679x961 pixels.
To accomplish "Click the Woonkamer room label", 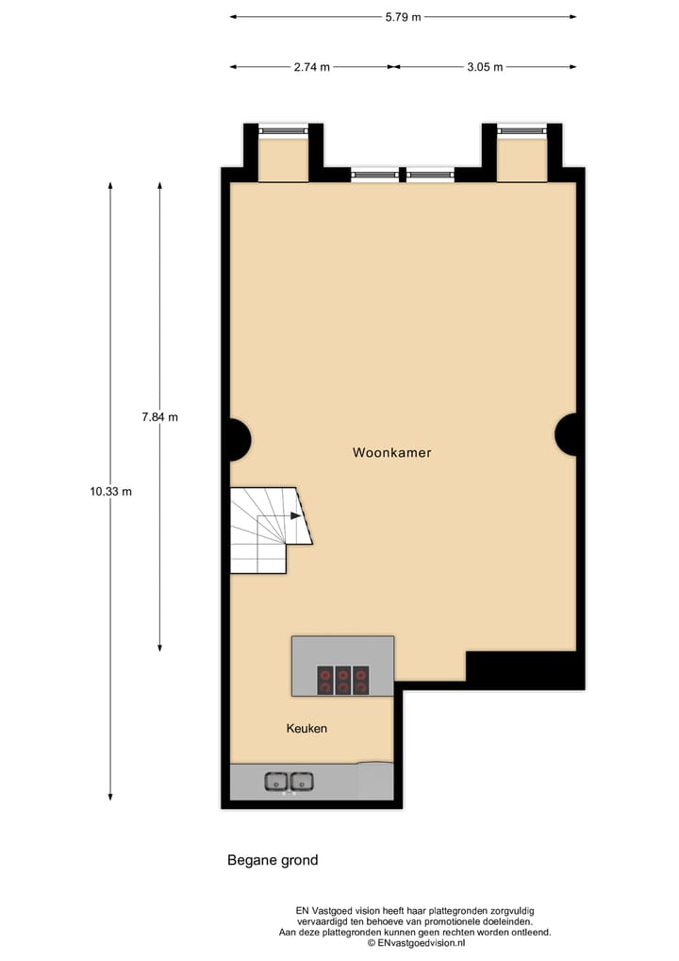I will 391,453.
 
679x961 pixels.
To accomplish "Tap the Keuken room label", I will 306,729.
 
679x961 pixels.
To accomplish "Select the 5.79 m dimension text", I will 403,16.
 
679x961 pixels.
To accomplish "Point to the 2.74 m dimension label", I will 312,67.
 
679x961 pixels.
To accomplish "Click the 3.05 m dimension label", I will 485,67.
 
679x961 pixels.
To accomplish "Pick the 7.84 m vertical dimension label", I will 159,416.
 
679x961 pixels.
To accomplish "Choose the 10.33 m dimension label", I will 110,491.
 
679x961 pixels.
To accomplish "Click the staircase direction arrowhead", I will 296,516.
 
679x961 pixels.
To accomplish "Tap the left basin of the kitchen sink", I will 275,781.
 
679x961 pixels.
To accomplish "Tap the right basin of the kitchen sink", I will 302,781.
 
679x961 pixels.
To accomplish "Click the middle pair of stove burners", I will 342,681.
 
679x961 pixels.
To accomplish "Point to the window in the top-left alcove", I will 283,130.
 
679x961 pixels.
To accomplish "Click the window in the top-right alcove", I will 522,130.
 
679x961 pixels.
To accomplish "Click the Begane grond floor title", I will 273,860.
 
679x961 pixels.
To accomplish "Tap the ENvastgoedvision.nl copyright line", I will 416,942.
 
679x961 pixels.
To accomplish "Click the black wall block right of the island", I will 525,670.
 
